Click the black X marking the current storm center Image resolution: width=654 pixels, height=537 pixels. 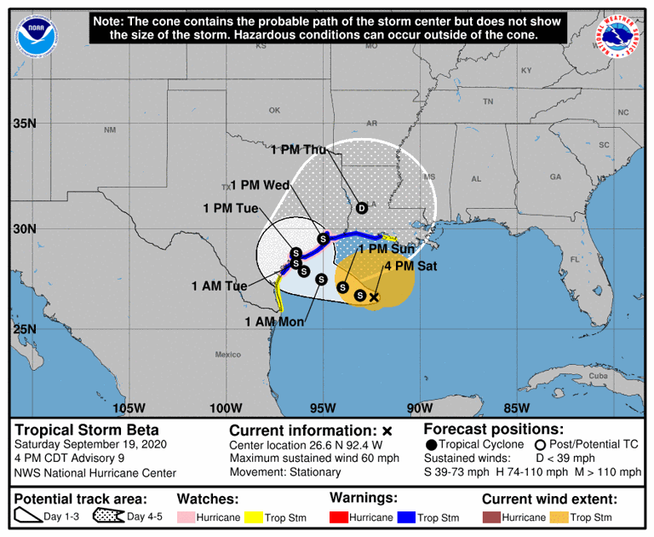point(373,297)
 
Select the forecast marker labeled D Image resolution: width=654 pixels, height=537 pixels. point(361,208)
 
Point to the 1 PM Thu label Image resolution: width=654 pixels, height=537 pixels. point(298,150)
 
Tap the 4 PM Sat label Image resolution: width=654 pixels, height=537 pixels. point(412,266)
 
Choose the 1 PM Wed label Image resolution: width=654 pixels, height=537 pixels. point(260,185)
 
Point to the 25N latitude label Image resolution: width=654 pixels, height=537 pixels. point(24,330)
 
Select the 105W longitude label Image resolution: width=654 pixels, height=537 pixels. point(135,407)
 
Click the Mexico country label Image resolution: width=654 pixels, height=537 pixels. point(227,355)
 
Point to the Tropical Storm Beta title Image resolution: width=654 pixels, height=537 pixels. point(87,430)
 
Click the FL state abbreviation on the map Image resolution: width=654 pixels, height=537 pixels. point(574,260)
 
